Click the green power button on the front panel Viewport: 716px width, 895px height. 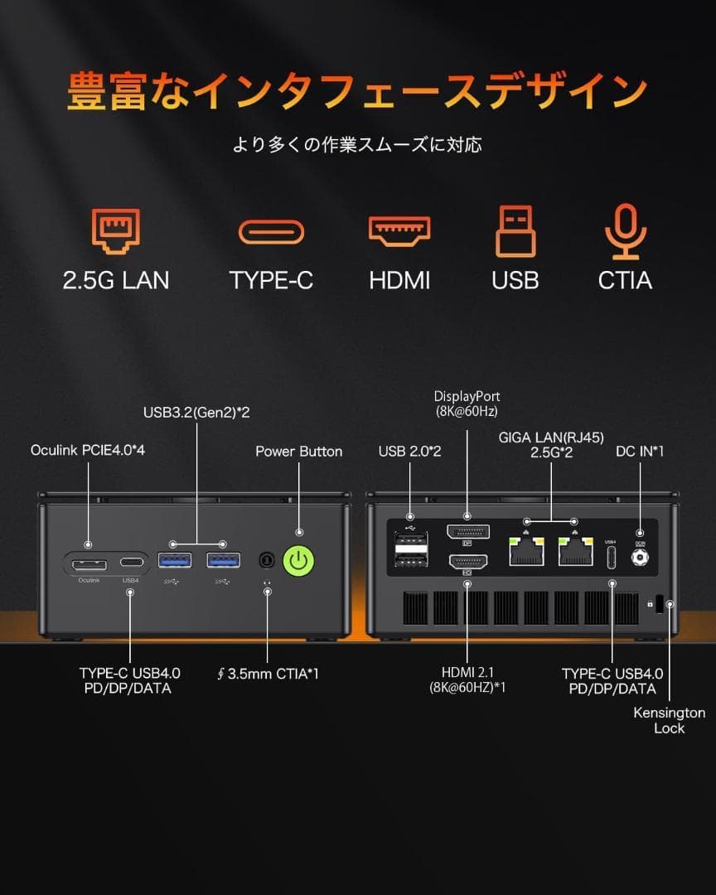click(299, 562)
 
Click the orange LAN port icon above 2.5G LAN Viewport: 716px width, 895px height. click(115, 231)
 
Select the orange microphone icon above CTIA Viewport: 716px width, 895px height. click(625, 231)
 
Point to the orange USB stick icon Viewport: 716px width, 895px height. click(515, 231)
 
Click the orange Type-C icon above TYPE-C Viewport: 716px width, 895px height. click(271, 231)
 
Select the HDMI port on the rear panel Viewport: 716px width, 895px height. click(467, 564)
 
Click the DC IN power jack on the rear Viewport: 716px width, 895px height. click(639, 559)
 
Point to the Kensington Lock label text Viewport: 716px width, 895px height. click(669, 720)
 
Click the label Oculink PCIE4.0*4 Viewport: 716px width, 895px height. click(94, 450)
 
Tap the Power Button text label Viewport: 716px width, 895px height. click(298, 452)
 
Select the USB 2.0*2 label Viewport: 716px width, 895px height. click(409, 452)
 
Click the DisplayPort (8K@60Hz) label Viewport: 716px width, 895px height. click(467, 404)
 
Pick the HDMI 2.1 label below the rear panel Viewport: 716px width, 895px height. click(467, 680)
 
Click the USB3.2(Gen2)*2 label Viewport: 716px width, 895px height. click(196, 412)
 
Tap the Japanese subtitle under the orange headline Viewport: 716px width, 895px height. click(357, 144)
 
